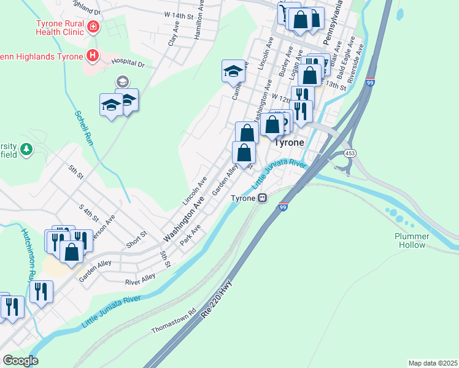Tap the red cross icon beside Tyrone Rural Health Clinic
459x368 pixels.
pyautogui.click(x=93, y=27)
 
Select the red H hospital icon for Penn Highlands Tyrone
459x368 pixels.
pyautogui.click(x=93, y=56)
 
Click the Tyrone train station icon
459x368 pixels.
pyautogui.click(x=263, y=198)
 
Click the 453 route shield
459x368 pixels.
pyautogui.click(x=349, y=153)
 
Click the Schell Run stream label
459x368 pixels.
pyautogui.click(x=84, y=127)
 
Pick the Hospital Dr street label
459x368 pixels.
pyautogui.click(x=128, y=63)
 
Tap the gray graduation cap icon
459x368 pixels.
pyautogui.click(x=122, y=81)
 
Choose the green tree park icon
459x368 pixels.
pyautogui.click(x=26, y=148)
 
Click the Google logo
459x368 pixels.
pyautogui.click(x=20, y=360)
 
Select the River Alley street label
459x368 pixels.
pyautogui.click(x=140, y=280)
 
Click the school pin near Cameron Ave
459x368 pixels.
pyautogui.click(x=233, y=71)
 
